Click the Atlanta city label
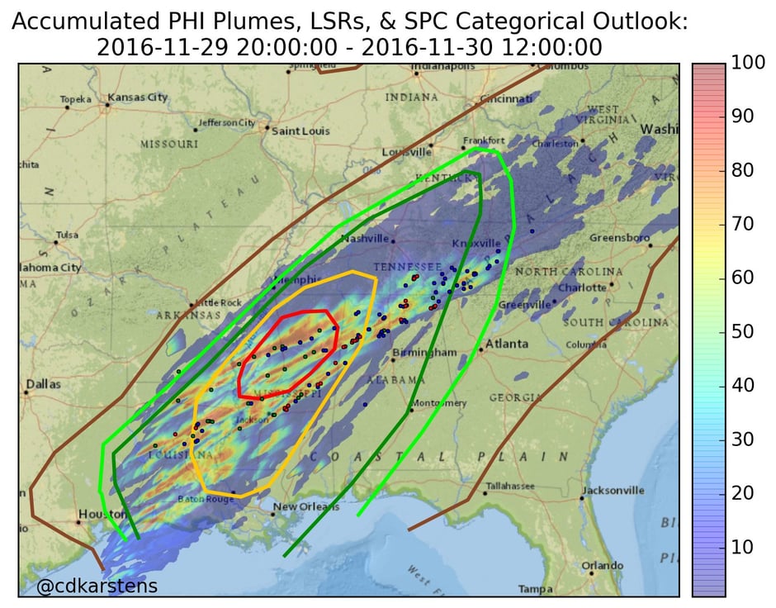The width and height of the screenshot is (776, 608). tap(507, 344)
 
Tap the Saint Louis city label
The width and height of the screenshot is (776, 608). tap(300, 131)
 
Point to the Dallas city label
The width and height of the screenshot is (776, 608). tap(43, 384)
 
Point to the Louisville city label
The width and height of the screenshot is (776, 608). tap(407, 152)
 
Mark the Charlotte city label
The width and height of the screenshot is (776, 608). tap(582, 287)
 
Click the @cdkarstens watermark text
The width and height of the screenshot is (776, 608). tap(97, 587)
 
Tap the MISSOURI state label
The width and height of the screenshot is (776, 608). tap(169, 144)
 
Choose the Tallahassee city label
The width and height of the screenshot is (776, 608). tap(509, 486)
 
